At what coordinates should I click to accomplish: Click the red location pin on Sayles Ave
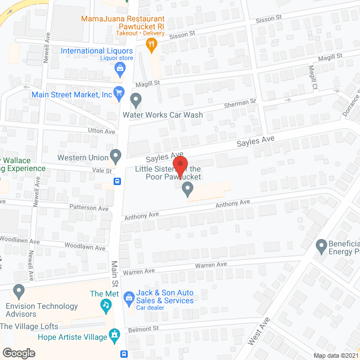181,164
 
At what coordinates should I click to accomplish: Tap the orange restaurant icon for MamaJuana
151,44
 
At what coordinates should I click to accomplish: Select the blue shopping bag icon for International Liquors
120,69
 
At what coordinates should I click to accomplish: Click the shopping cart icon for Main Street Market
119,92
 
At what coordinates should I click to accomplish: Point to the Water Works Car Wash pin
136,101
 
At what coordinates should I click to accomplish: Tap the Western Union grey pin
116,154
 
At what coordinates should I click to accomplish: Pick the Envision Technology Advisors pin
19,292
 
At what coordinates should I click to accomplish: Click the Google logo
19,353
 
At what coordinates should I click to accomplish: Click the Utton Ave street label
102,131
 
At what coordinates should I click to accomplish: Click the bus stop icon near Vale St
117,181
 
